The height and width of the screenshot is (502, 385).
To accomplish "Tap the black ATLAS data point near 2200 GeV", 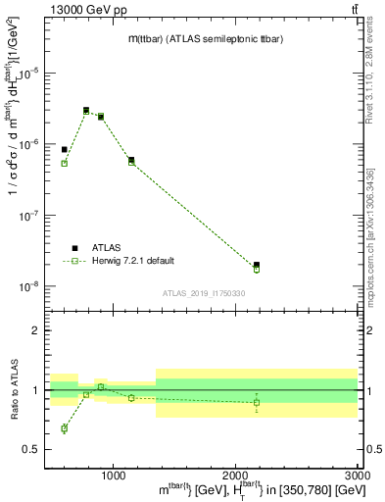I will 257,265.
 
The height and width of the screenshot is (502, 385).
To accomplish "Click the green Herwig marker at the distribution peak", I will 86,112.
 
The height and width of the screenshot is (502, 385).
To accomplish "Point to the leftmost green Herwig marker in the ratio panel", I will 65,428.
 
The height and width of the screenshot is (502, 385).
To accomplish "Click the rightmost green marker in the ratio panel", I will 257,402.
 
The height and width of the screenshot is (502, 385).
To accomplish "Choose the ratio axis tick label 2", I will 40,330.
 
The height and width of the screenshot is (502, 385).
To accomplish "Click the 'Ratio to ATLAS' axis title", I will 14,390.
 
